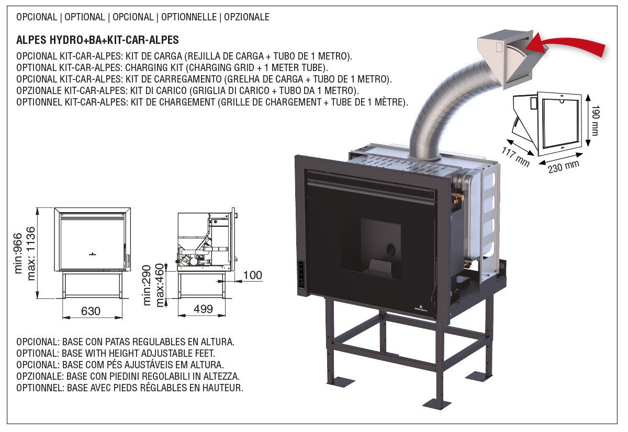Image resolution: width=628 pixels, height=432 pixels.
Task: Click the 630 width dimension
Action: (x=91, y=311)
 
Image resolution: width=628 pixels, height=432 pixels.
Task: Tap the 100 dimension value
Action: (x=252, y=275)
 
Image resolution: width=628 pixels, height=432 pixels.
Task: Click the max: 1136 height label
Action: (x=31, y=253)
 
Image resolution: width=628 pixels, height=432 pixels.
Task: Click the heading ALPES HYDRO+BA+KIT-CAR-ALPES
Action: (x=97, y=40)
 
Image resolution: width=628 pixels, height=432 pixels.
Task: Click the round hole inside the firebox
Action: (x=390, y=250)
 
